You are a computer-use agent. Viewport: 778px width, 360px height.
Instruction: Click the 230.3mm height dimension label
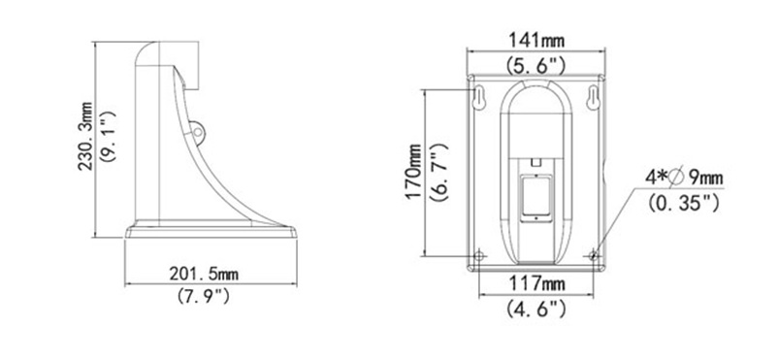click(84, 136)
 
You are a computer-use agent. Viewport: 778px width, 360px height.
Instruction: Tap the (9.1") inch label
click(109, 136)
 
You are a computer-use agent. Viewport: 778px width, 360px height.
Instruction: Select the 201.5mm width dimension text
click(204, 274)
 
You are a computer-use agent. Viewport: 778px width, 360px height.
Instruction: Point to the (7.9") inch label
click(204, 296)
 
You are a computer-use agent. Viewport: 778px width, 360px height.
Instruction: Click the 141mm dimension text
click(536, 40)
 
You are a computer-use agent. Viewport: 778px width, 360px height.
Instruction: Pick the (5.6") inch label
click(535, 64)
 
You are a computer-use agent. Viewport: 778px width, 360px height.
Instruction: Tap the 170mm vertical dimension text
click(413, 172)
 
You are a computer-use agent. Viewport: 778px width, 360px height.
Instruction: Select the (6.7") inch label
click(439, 172)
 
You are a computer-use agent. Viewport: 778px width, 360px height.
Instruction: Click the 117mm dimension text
click(536, 284)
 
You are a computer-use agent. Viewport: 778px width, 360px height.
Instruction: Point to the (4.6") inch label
click(535, 309)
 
